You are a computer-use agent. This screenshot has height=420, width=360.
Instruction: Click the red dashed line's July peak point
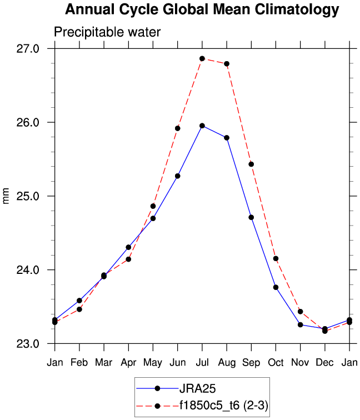pos(202,58)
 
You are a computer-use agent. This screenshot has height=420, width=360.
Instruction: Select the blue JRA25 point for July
pos(202,126)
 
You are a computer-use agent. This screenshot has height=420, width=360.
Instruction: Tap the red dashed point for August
pos(227,64)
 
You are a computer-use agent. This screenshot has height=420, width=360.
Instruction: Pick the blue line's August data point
pos(227,137)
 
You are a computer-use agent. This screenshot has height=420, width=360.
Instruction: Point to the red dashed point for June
pos(178,128)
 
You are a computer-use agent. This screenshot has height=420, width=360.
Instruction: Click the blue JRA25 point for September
pos(251,217)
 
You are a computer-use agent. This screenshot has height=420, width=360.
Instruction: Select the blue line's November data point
pos(300,324)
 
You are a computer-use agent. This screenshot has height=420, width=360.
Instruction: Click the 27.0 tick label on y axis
pos(28,49)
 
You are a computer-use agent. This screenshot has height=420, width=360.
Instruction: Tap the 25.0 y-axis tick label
pos(28,196)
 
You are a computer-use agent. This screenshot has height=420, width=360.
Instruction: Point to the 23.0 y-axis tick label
pos(28,344)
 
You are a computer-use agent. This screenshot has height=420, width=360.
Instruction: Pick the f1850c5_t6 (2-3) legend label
pos(223,406)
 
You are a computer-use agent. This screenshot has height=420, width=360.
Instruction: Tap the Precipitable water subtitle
pos(107,32)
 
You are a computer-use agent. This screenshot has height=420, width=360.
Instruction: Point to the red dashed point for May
pos(153,206)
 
